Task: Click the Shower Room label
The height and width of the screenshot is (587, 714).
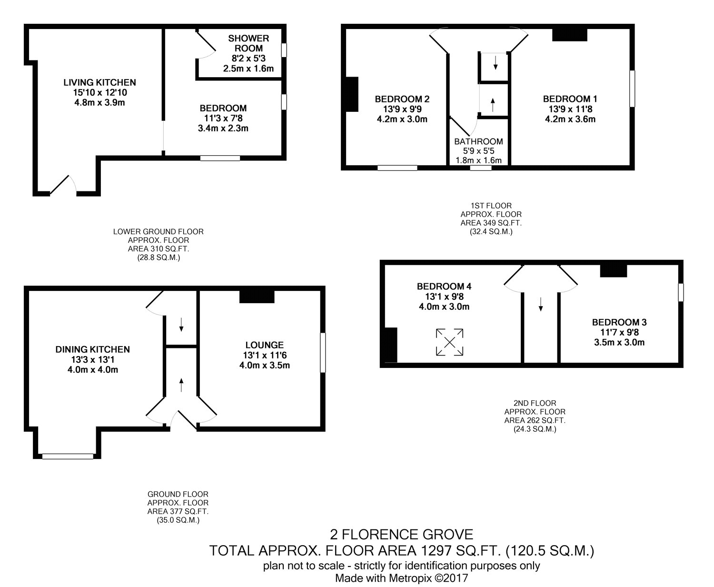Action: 248,43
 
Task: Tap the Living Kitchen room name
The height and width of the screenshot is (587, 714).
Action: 99,82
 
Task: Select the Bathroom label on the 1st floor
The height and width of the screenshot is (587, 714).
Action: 478,141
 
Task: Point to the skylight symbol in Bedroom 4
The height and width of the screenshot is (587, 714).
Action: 450,342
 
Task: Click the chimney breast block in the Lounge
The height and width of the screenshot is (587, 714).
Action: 257,297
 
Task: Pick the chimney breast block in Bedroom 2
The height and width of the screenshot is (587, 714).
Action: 352,94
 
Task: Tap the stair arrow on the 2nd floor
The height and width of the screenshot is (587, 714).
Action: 541,304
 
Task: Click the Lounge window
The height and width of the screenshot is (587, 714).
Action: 323,352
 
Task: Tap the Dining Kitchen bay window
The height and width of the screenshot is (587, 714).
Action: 68,457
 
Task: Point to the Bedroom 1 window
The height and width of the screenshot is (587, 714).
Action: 632,89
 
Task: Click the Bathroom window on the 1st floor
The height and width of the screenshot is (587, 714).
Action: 481,168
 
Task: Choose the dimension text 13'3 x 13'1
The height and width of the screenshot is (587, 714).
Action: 92,359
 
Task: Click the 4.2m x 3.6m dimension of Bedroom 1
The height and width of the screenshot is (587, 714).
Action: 570,119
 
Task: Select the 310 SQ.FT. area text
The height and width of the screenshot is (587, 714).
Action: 159,249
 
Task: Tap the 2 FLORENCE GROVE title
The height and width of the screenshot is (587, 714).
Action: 402,535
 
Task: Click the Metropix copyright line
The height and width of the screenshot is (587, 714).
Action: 402,578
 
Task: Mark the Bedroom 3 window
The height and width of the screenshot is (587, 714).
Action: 681,292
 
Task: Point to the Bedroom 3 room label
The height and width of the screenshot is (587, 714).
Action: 619,322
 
